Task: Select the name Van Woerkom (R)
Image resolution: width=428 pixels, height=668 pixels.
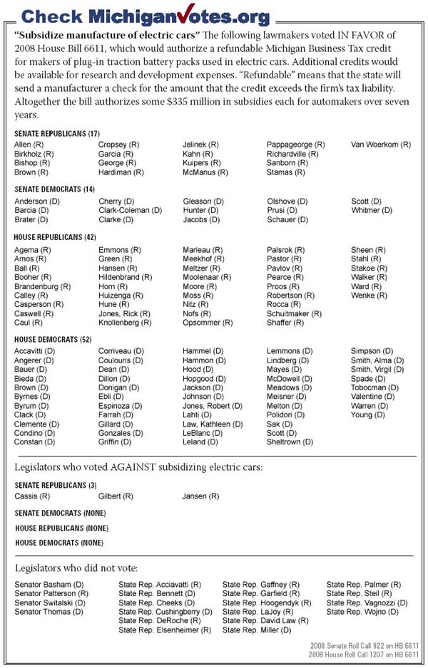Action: click(x=381, y=145)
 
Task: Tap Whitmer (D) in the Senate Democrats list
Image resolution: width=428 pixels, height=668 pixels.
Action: click(x=372, y=211)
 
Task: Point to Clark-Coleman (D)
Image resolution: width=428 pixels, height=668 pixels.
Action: click(x=131, y=211)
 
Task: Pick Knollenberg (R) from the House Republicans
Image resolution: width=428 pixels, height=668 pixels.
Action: click(x=125, y=323)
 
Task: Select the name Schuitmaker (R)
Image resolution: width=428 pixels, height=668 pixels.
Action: click(x=294, y=313)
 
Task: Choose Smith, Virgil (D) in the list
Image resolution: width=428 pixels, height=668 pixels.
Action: click(x=377, y=370)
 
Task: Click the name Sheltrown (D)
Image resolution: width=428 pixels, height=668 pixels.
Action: click(x=290, y=442)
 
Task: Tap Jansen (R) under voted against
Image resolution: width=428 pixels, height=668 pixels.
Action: click(x=200, y=496)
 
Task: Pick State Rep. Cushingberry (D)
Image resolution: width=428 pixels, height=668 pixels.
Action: click(x=165, y=612)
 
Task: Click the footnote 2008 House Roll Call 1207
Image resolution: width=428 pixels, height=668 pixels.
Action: click(x=364, y=654)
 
